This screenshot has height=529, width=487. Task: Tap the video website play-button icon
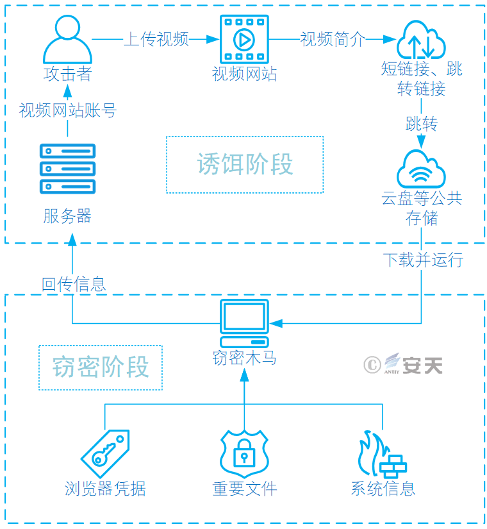(244, 39)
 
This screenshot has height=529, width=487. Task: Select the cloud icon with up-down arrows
(421, 40)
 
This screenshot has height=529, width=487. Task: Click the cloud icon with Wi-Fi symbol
(421, 169)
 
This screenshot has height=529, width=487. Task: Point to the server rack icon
(67, 169)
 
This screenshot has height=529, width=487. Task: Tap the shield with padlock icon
(244, 453)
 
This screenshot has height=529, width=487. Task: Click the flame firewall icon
(383, 454)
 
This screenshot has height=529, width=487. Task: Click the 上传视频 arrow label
(156, 39)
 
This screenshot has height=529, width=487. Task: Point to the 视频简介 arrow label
(333, 39)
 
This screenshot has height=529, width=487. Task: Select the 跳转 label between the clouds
(422, 124)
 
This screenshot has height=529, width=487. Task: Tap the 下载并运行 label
(424, 260)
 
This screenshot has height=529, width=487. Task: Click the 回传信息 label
(74, 284)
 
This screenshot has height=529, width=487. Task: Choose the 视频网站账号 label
(68, 110)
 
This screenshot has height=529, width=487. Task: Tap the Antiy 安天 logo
(403, 364)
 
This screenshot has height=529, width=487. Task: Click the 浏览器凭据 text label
(105, 489)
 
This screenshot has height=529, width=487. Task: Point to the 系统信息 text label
(383, 489)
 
